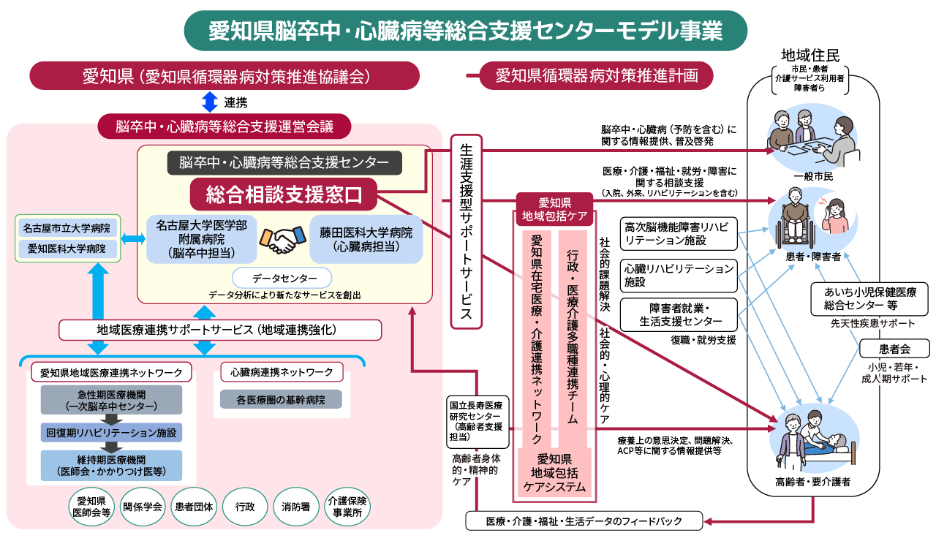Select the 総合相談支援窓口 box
284,194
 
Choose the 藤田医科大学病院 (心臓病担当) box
366,239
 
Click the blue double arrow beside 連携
210,102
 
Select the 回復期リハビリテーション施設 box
111,433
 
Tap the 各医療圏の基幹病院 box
280,399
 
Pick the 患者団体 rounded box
193,506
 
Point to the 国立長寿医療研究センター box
478,422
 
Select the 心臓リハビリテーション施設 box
678,275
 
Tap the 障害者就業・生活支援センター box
678,314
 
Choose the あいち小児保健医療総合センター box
869,298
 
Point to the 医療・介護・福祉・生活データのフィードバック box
584,521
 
